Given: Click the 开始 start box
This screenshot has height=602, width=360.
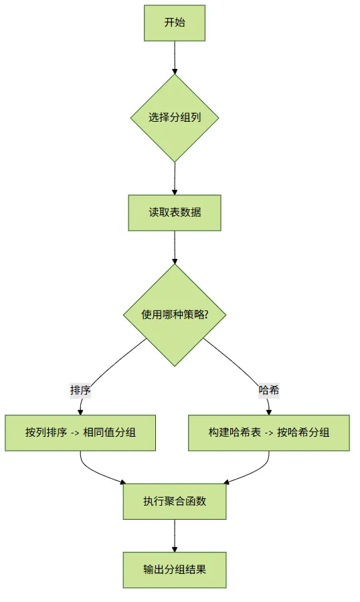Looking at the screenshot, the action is [x=175, y=23].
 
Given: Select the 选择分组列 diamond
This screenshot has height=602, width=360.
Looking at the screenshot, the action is [x=175, y=118].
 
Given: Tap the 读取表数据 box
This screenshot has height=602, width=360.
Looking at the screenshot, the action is [x=175, y=213].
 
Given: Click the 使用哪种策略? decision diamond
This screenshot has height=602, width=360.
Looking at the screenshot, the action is [x=175, y=315].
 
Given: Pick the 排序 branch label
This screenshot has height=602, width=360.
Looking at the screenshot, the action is [x=80, y=391].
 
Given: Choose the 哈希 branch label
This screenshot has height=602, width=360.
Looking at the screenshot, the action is [x=268, y=391].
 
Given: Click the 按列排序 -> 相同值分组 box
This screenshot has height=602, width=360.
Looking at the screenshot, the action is [x=80, y=433].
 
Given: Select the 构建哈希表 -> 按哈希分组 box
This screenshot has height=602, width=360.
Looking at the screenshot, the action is [x=269, y=433].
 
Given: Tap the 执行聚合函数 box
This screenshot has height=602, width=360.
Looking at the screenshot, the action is [x=175, y=502].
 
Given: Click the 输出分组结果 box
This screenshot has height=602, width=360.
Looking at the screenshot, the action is [x=175, y=570].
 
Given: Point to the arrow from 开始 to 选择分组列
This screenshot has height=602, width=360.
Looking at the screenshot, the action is [x=175, y=58].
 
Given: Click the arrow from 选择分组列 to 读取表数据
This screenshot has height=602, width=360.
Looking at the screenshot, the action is [x=175, y=179].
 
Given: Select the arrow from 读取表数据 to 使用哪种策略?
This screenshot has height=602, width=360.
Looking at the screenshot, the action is [x=175, y=247].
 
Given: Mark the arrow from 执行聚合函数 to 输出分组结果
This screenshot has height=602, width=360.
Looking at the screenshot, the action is [x=175, y=536].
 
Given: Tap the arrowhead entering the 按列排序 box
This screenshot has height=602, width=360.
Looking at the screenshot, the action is [x=80, y=412].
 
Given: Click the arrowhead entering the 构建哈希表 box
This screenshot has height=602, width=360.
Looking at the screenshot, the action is [x=269, y=412].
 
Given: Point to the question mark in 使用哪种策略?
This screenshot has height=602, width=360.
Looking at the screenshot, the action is [x=206, y=315].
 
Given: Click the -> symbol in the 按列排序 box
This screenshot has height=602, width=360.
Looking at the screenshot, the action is [x=75, y=433].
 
